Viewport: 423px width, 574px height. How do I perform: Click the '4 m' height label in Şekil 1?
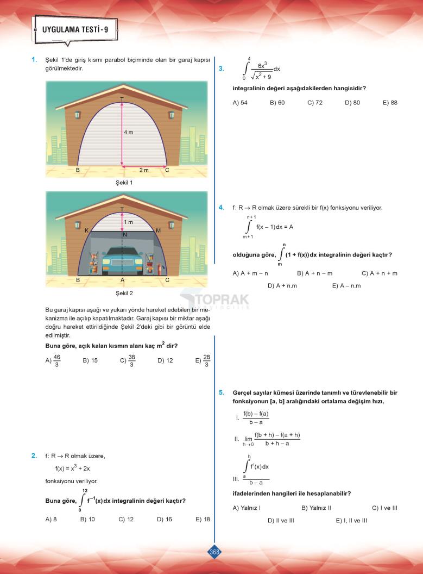128,133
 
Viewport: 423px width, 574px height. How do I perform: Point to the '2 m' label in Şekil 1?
144,170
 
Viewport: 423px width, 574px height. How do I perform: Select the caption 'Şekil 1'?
124,183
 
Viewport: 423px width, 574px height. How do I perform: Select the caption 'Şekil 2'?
124,293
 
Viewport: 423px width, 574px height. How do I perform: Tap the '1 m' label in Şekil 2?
128,222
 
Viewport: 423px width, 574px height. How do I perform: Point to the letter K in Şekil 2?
86,231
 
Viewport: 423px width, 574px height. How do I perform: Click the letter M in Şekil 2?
158,231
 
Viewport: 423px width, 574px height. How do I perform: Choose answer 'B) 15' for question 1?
90,360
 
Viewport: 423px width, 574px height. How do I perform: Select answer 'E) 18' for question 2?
203,519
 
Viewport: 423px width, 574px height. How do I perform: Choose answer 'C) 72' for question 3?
315,102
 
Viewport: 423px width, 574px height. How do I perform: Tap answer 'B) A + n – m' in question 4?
314,273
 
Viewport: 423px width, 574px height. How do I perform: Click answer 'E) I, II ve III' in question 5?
351,520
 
